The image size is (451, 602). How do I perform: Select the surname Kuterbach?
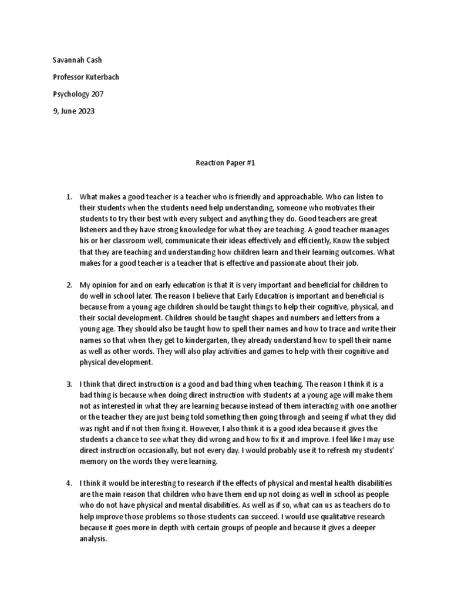(x=105, y=77)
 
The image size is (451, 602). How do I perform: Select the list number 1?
(x=68, y=197)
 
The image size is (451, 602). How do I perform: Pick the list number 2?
(x=68, y=285)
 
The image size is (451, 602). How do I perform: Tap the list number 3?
(x=68, y=383)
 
